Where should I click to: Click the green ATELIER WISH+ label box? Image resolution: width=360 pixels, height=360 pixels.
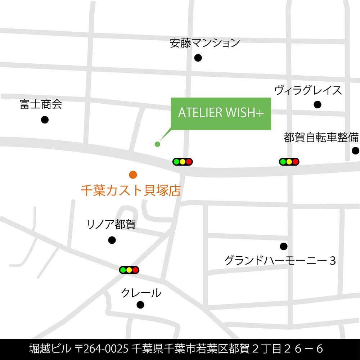[x=221, y=113]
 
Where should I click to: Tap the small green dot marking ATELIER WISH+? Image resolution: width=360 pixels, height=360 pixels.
[x=157, y=144]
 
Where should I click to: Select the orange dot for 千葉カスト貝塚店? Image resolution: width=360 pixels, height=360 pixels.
[x=133, y=175]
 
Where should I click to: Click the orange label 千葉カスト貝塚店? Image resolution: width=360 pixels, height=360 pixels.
[x=131, y=190]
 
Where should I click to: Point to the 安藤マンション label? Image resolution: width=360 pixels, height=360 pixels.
[x=205, y=43]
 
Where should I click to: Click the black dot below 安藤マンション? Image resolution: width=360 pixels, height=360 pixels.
[x=198, y=58]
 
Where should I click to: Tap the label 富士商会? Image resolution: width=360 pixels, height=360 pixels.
[x=41, y=104]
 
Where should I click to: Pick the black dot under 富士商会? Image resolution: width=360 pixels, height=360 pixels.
[x=45, y=120]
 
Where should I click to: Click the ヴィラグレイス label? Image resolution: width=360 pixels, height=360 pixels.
[x=308, y=90]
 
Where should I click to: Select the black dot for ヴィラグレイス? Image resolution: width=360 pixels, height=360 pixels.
[x=317, y=105]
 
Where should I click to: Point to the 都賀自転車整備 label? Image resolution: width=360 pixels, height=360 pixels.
[x=321, y=138]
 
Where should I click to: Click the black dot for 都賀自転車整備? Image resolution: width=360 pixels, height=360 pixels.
[x=355, y=150]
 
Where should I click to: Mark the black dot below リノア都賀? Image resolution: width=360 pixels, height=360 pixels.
[x=112, y=240]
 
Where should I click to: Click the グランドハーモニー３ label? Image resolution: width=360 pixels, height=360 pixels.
[x=280, y=260]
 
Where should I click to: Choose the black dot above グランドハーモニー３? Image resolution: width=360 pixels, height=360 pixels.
[x=284, y=246]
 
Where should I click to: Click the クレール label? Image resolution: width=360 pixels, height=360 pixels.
[x=141, y=293]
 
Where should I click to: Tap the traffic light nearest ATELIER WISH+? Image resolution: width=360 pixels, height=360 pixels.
[x=183, y=162]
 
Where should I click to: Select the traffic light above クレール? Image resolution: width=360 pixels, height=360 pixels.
[x=129, y=270]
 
